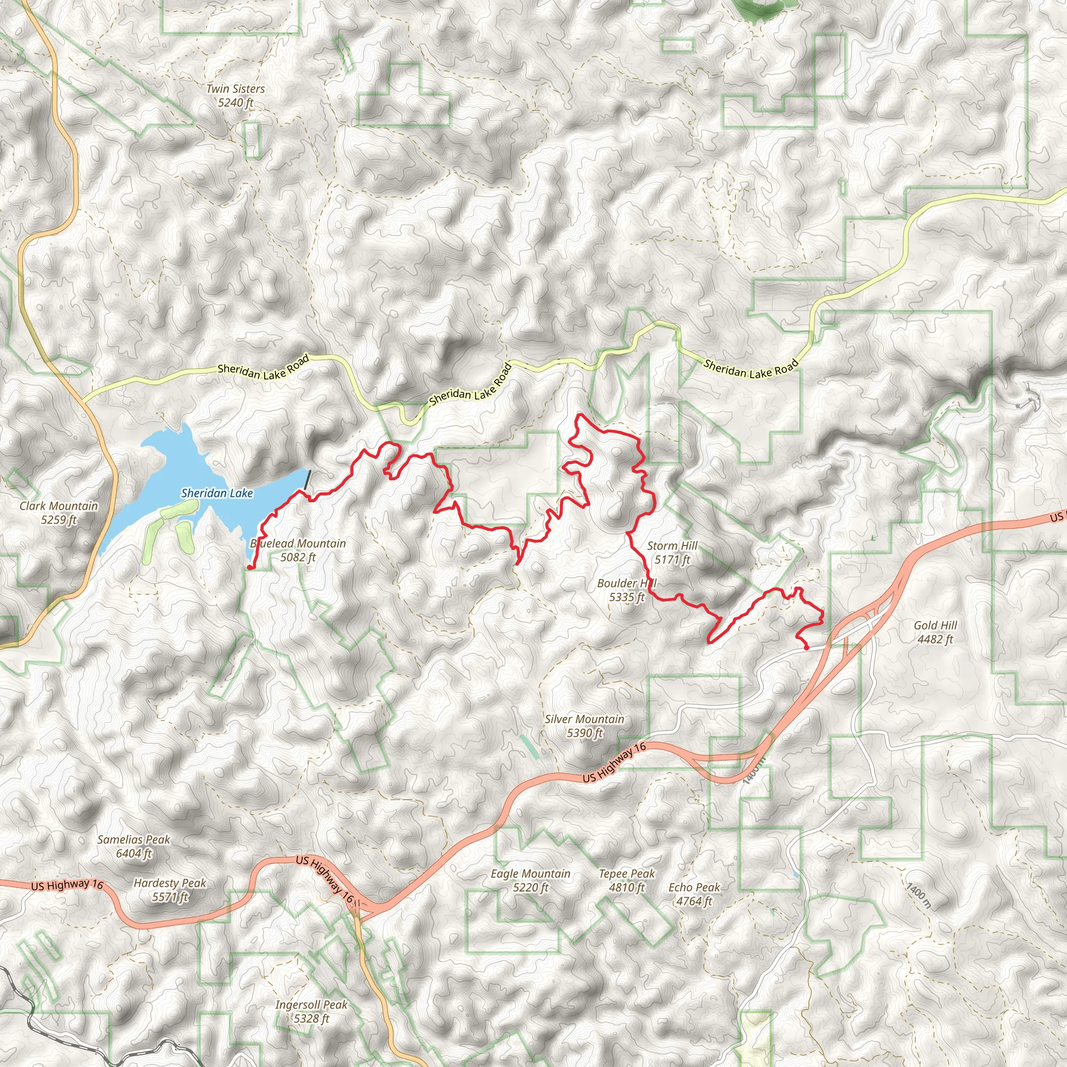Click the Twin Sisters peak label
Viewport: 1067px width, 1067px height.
click(235, 95)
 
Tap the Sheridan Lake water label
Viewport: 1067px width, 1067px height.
click(217, 493)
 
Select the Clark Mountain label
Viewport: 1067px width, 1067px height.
click(58, 513)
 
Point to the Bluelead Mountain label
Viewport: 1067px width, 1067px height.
click(298, 550)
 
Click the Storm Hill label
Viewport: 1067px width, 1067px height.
click(672, 552)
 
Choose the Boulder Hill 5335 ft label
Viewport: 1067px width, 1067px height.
click(627, 590)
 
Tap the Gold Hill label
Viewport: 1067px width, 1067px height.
click(935, 632)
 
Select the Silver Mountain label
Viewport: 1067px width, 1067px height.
click(585, 726)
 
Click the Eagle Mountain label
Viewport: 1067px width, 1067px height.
click(530, 880)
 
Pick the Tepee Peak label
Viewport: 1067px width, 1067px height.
click(627, 880)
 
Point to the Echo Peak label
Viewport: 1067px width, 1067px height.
click(694, 894)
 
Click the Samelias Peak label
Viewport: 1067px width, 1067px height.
click(134, 846)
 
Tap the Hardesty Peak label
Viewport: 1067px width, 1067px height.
click(169, 890)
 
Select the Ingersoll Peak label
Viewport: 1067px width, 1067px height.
click(312, 1011)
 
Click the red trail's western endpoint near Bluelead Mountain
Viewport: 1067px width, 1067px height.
click(250, 567)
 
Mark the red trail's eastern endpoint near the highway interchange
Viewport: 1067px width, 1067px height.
click(807, 647)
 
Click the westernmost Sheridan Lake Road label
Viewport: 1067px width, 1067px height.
click(263, 370)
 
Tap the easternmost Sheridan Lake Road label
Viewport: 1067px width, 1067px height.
click(751, 368)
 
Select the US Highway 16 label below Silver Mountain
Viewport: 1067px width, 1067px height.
click(614, 763)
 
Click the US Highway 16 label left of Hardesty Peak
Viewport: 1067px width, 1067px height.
click(67, 885)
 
